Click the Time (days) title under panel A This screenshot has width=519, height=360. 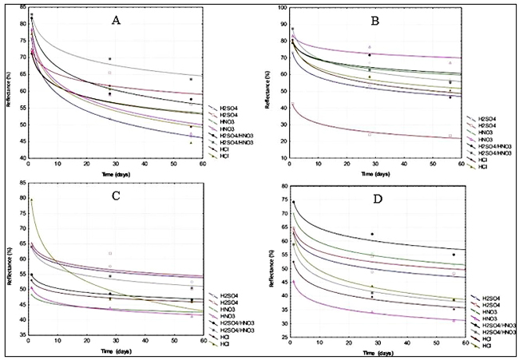pyautogui.click(x=117, y=172)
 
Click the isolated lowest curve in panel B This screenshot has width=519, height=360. pyautogui.click(x=359, y=131)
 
